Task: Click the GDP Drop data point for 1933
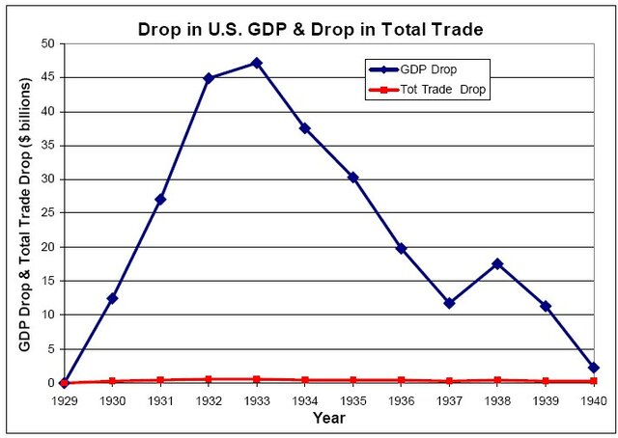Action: pyautogui.click(x=256, y=63)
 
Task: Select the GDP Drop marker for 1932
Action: pyautogui.click(x=208, y=78)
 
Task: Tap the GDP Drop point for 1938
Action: pyautogui.click(x=497, y=263)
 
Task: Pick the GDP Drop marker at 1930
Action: pyautogui.click(x=112, y=298)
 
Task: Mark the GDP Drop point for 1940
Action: pyautogui.click(x=593, y=368)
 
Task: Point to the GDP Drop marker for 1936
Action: pyautogui.click(x=401, y=248)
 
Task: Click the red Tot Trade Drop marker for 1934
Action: pyautogui.click(x=304, y=380)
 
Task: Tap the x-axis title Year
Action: pyautogui.click(x=328, y=418)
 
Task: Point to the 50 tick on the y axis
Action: pyautogui.click(x=46, y=43)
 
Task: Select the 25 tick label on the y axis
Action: pyautogui.click(x=46, y=213)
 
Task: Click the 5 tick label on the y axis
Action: pyautogui.click(x=49, y=348)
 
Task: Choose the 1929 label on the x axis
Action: pyautogui.click(x=64, y=399)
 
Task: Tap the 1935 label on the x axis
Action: pyautogui.click(x=352, y=399)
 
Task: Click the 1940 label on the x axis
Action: pyautogui.click(x=593, y=399)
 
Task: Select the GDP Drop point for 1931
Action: pyautogui.click(x=160, y=199)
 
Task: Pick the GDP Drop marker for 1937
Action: pyautogui.click(x=449, y=303)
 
